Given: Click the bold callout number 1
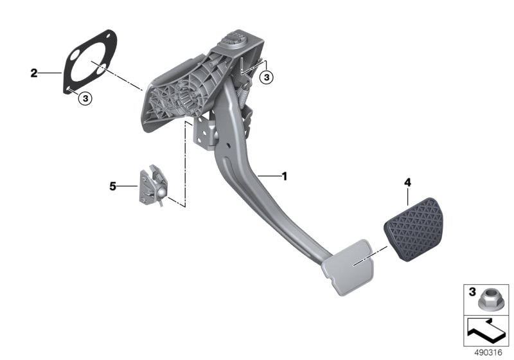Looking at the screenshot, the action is pyautogui.click(x=285, y=176).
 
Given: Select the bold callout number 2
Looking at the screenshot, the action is pyautogui.click(x=34, y=73).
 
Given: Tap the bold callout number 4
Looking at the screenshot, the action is pyautogui.click(x=407, y=183).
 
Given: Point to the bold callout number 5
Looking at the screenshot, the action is pyautogui.click(x=113, y=186).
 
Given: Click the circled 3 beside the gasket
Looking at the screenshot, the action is pyautogui.click(x=85, y=98).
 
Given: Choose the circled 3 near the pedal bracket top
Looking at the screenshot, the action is pyautogui.click(x=267, y=77).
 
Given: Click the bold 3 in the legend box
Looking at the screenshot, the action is pyautogui.click(x=472, y=291).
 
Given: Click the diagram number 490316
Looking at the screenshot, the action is pyautogui.click(x=488, y=352).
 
